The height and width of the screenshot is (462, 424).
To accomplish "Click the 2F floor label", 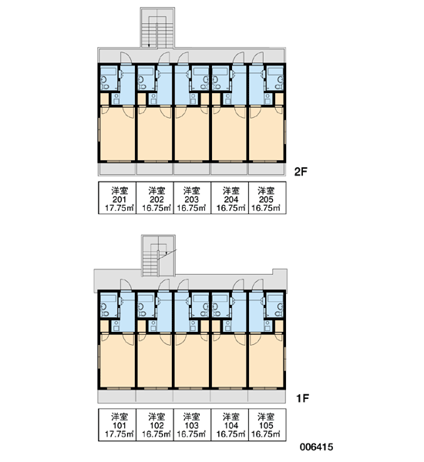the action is (301, 172).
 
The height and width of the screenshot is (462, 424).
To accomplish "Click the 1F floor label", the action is (302, 398).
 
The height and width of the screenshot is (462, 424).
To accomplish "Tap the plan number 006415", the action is (316, 447).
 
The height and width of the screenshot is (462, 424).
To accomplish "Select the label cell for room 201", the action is (117, 198).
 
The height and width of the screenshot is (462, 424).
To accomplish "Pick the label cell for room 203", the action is (192, 198).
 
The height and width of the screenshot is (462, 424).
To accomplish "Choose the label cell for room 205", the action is (268, 198).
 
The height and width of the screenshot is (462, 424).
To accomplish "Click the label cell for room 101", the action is (117, 425).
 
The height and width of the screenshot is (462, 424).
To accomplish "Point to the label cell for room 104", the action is (230, 425).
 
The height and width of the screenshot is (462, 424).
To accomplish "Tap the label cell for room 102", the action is (155, 425).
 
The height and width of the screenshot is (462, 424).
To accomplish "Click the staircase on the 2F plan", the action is (157, 28).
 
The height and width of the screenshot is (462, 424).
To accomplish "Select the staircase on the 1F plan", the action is (159, 256).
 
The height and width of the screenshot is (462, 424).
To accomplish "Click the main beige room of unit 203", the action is (192, 134).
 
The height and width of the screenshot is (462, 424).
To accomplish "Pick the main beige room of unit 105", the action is (266, 361).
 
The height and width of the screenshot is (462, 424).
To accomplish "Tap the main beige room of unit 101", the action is (117, 361).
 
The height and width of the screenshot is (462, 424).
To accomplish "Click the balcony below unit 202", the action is (155, 169).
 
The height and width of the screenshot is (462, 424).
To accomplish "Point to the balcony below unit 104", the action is (229, 397).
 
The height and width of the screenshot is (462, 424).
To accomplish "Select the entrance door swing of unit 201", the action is (125, 58).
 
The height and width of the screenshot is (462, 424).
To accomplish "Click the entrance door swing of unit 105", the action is (257, 285).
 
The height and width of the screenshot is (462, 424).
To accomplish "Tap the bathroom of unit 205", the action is (275, 78).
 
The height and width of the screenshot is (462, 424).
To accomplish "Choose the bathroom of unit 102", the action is (146, 306).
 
